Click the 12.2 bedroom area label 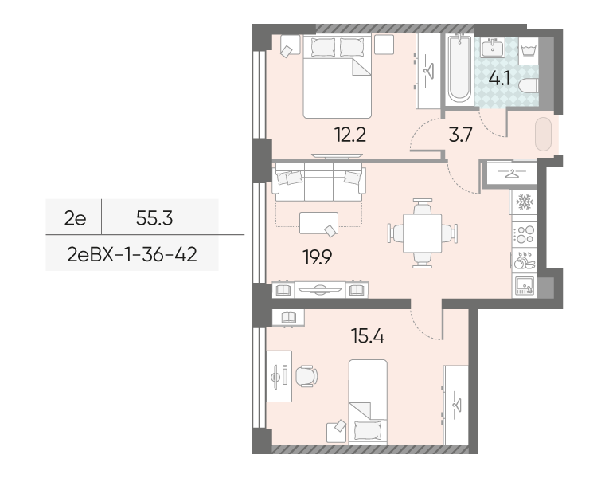tap(350, 135)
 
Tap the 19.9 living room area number tap(318, 257)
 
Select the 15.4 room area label tap(368, 336)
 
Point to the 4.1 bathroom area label tap(499, 79)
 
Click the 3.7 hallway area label tap(461, 135)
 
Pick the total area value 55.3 tap(154, 218)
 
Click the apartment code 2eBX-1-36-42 tap(132, 254)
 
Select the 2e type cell tap(76, 218)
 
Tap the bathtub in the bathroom tap(459, 69)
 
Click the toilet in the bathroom tap(529, 86)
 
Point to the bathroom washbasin tap(491, 48)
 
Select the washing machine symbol tap(528, 50)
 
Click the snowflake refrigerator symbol tap(524, 202)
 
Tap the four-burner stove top tap(524, 234)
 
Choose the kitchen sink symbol tap(524, 286)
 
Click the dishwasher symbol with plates tap(524, 260)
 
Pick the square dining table tap(423, 233)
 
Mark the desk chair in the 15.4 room tap(306, 376)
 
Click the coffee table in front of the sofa tap(318, 223)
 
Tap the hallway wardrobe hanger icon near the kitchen tap(512, 174)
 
